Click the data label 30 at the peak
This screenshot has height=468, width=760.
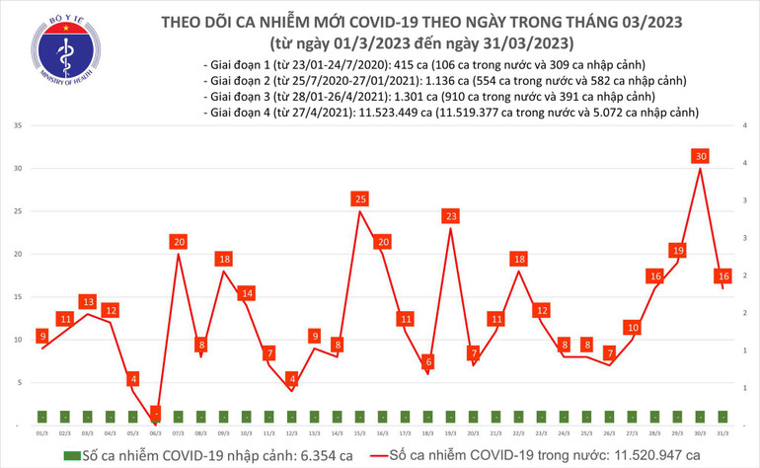pyautogui.click(x=700, y=156)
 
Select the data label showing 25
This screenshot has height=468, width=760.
pyautogui.click(x=359, y=199)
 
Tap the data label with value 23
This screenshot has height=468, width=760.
pyautogui.click(x=450, y=216)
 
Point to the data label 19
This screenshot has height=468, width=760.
pyautogui.click(x=677, y=251)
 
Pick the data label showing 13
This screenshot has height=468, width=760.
pyautogui.click(x=88, y=302)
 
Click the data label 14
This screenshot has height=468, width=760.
pyautogui.click(x=246, y=293)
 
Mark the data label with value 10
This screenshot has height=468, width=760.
pyautogui.click(x=632, y=327)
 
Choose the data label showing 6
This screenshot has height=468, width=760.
pyautogui.click(x=427, y=361)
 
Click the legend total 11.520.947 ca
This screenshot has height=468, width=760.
pyautogui.click(x=652, y=455)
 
